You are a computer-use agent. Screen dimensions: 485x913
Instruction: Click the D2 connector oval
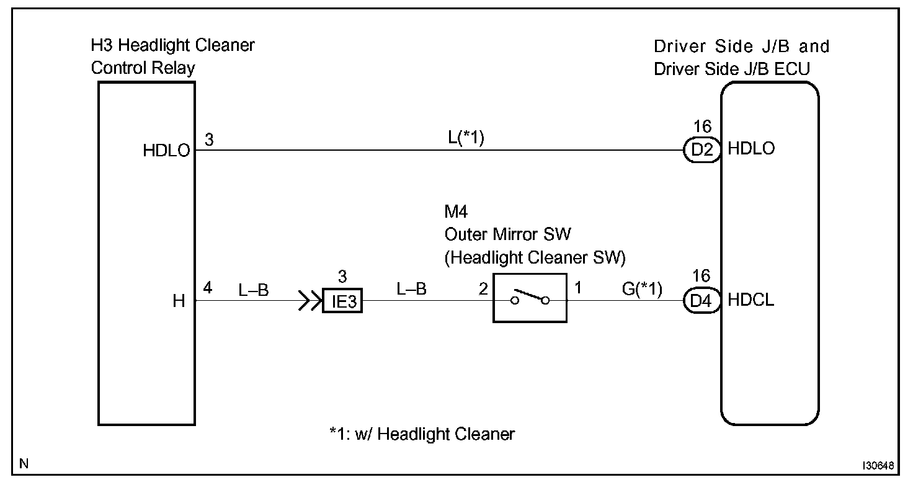(701, 150)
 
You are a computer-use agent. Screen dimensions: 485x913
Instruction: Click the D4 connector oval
(701, 301)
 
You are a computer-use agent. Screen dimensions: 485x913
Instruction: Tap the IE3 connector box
(342, 303)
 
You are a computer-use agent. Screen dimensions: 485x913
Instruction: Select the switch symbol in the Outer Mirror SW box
(530, 298)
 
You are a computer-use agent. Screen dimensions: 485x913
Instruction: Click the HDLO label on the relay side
(166, 151)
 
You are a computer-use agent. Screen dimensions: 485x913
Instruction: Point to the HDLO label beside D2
(751, 149)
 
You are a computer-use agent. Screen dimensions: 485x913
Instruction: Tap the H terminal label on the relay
(179, 302)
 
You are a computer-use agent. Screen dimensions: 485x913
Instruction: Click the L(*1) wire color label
(466, 138)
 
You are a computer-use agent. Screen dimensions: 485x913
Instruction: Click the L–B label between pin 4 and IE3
(253, 289)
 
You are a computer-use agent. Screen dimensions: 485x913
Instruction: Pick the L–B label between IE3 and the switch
(411, 289)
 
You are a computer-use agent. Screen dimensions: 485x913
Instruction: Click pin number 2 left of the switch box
(482, 289)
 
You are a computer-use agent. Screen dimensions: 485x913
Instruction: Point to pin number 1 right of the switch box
(578, 288)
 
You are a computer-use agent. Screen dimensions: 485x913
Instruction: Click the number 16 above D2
(702, 127)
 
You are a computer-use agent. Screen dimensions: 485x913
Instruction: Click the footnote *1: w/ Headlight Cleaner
(422, 434)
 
